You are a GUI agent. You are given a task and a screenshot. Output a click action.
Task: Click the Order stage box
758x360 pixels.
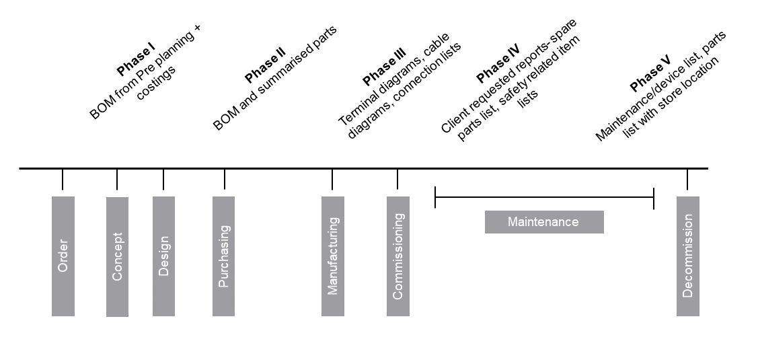63,256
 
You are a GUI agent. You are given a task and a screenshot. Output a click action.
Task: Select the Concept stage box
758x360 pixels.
117,256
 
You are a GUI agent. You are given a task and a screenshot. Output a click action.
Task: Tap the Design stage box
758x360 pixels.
163,256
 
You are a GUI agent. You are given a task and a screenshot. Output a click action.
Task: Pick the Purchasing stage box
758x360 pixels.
224,256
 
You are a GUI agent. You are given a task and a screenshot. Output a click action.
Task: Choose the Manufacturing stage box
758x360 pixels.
333,256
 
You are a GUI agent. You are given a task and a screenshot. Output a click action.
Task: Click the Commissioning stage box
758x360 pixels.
397,256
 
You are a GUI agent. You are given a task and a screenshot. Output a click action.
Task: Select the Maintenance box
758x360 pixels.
543,222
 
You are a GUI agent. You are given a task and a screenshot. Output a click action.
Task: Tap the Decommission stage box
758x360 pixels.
687,256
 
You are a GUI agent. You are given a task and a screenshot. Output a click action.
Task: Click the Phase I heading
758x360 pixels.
137,59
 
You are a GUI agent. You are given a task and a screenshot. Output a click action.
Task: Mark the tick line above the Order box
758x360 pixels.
63,180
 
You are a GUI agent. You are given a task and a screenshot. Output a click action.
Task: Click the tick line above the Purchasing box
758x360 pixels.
224,180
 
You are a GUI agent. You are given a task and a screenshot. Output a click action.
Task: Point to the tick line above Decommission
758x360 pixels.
687,180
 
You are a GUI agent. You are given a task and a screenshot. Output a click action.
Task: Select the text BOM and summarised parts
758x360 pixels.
274,79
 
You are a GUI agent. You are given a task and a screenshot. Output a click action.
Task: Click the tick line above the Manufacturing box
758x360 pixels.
333,180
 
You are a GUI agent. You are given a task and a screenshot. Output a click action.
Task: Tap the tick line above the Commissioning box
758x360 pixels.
397,180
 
